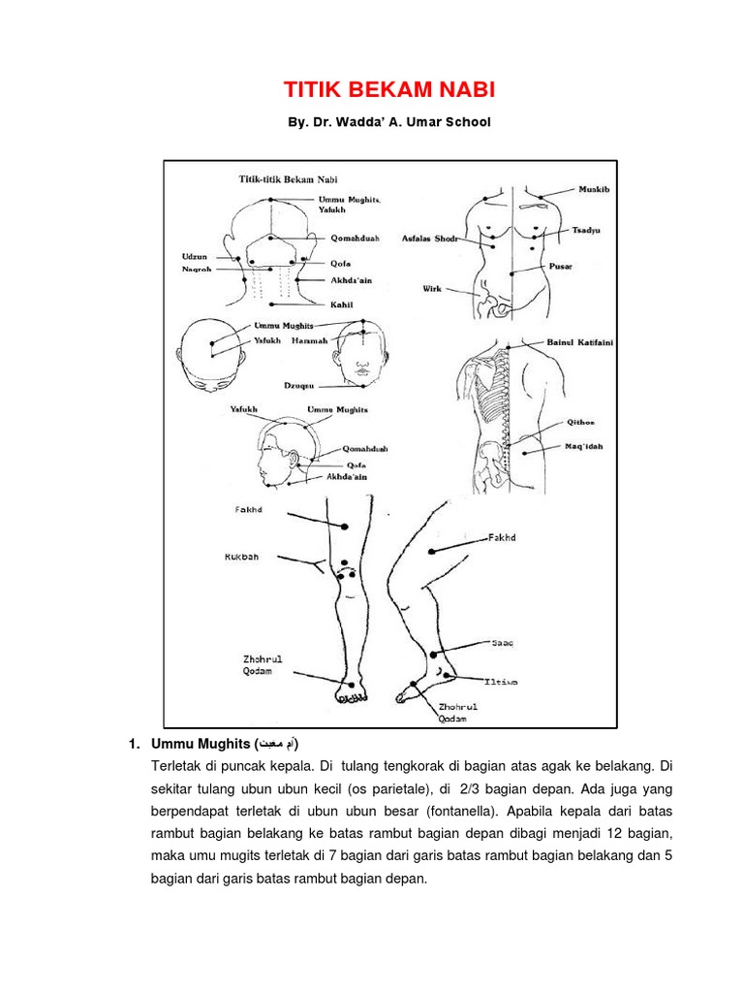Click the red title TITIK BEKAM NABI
click(x=388, y=91)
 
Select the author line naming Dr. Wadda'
click(x=388, y=122)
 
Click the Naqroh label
click(x=197, y=269)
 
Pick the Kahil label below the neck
click(x=341, y=304)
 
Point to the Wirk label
click(x=432, y=289)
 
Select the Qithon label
click(x=580, y=423)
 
